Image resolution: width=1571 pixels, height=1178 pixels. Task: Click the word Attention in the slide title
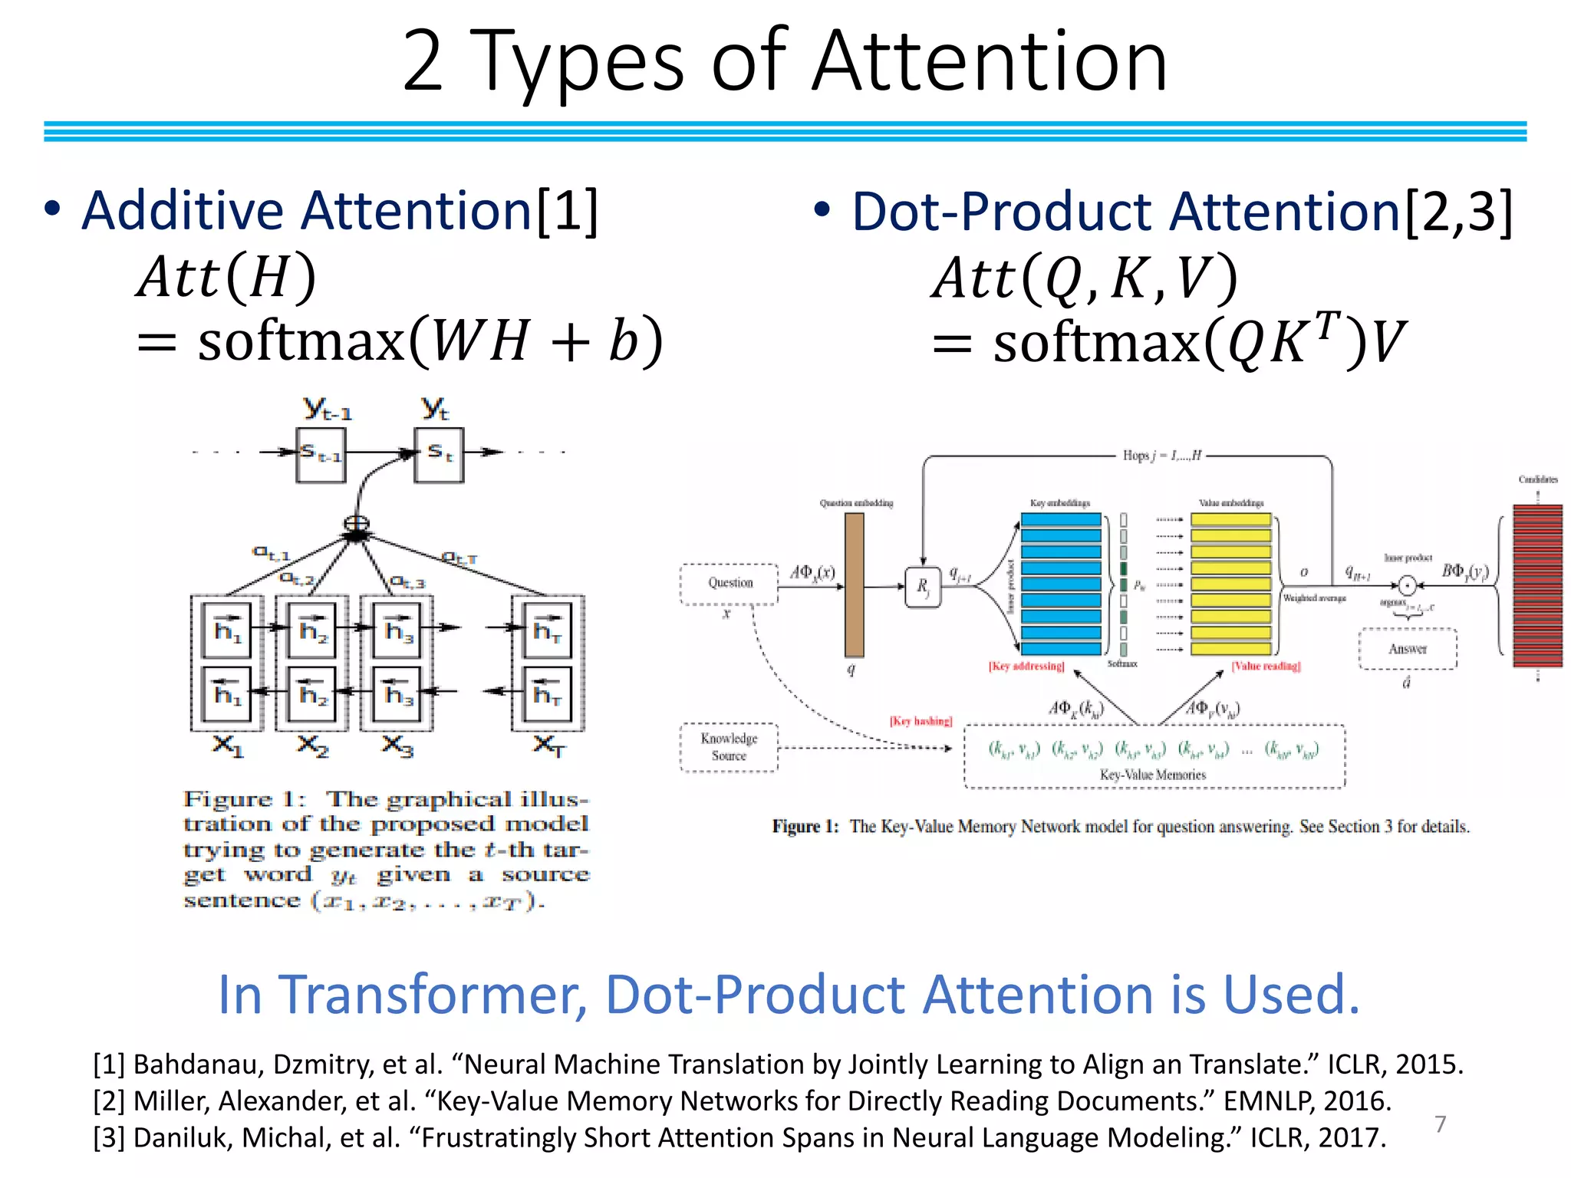tap(990, 61)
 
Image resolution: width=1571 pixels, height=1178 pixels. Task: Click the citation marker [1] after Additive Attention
tap(568, 211)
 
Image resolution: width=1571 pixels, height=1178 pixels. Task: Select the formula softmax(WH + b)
tap(430, 341)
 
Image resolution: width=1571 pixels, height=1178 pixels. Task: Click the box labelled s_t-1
tap(321, 455)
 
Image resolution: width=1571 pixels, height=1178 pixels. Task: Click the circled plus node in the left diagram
tap(356, 523)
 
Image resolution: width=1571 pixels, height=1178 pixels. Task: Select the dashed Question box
tap(730, 584)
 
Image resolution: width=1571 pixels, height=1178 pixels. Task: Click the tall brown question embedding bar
tap(854, 584)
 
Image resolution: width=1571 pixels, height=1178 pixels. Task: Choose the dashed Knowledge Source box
tap(729, 747)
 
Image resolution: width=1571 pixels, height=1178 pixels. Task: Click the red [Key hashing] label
tap(921, 721)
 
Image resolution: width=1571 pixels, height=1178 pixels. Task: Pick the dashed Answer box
tap(1408, 649)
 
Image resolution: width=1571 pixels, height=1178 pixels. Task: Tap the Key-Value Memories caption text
tap(1153, 775)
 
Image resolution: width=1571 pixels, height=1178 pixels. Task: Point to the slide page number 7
tap(1440, 1124)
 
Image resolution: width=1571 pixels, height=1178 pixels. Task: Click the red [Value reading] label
tap(1266, 666)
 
